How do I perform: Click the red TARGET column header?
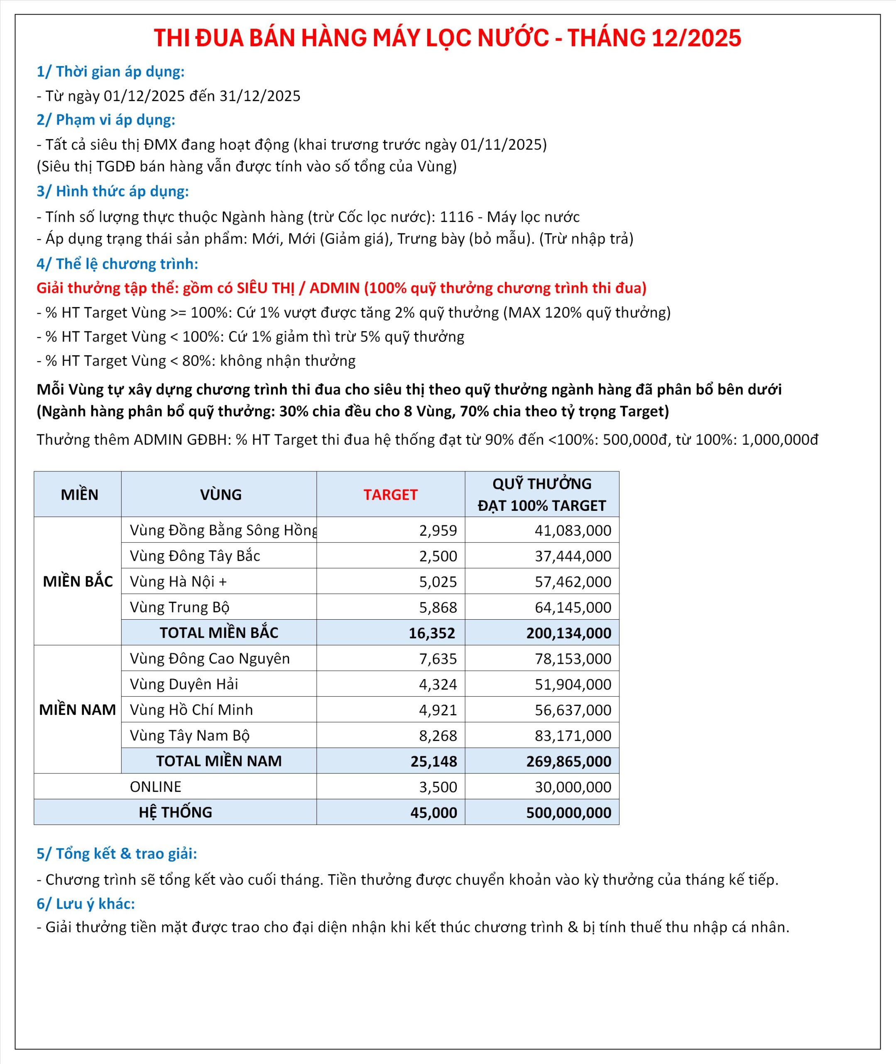click(x=390, y=495)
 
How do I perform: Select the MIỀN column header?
click(x=79, y=495)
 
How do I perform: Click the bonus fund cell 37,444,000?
click(x=573, y=556)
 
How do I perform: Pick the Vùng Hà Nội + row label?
click(x=178, y=581)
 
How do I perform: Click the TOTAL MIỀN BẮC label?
click(x=218, y=633)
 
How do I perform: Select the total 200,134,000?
click(x=568, y=633)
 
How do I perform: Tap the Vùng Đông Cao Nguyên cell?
click(x=209, y=659)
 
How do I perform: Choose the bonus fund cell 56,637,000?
click(x=573, y=710)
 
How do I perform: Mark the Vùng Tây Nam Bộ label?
click(x=189, y=736)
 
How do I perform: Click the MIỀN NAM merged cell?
click(x=77, y=709)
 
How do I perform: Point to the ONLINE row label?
click(x=155, y=787)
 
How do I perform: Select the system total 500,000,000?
click(x=568, y=813)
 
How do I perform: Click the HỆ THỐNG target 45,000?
click(x=433, y=813)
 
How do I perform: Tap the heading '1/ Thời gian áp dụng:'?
click(x=110, y=71)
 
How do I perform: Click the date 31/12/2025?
click(x=259, y=96)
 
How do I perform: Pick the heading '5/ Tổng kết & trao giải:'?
click(x=116, y=854)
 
